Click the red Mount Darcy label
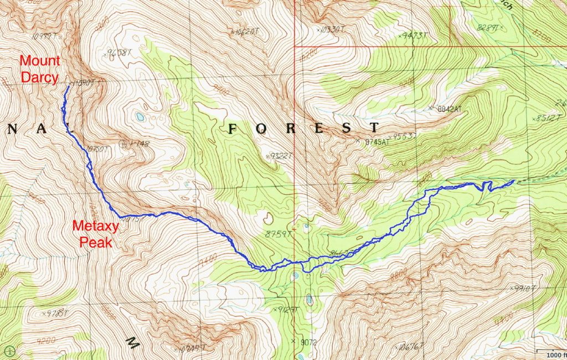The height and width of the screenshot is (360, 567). [x=40, y=69]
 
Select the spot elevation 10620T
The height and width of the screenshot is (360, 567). [x=245, y=32]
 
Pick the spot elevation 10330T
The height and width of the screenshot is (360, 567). [x=333, y=28]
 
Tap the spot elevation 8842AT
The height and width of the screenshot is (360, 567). [x=446, y=109]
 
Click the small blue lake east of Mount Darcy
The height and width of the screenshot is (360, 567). [x=139, y=117]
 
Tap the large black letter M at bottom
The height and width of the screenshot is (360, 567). [x=132, y=343]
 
